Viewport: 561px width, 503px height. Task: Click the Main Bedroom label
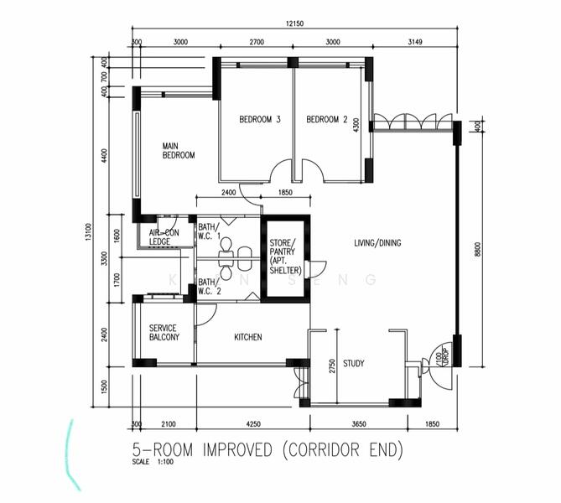[179, 150]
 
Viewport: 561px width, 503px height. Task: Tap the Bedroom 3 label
[260, 120]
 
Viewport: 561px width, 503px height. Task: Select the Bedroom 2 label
[326, 120]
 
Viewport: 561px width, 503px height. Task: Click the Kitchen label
[247, 337]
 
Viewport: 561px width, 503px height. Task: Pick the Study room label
[354, 363]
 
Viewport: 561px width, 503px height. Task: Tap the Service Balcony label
[164, 332]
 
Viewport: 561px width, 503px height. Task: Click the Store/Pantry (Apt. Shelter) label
[285, 258]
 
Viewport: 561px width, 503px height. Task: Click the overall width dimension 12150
[293, 25]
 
